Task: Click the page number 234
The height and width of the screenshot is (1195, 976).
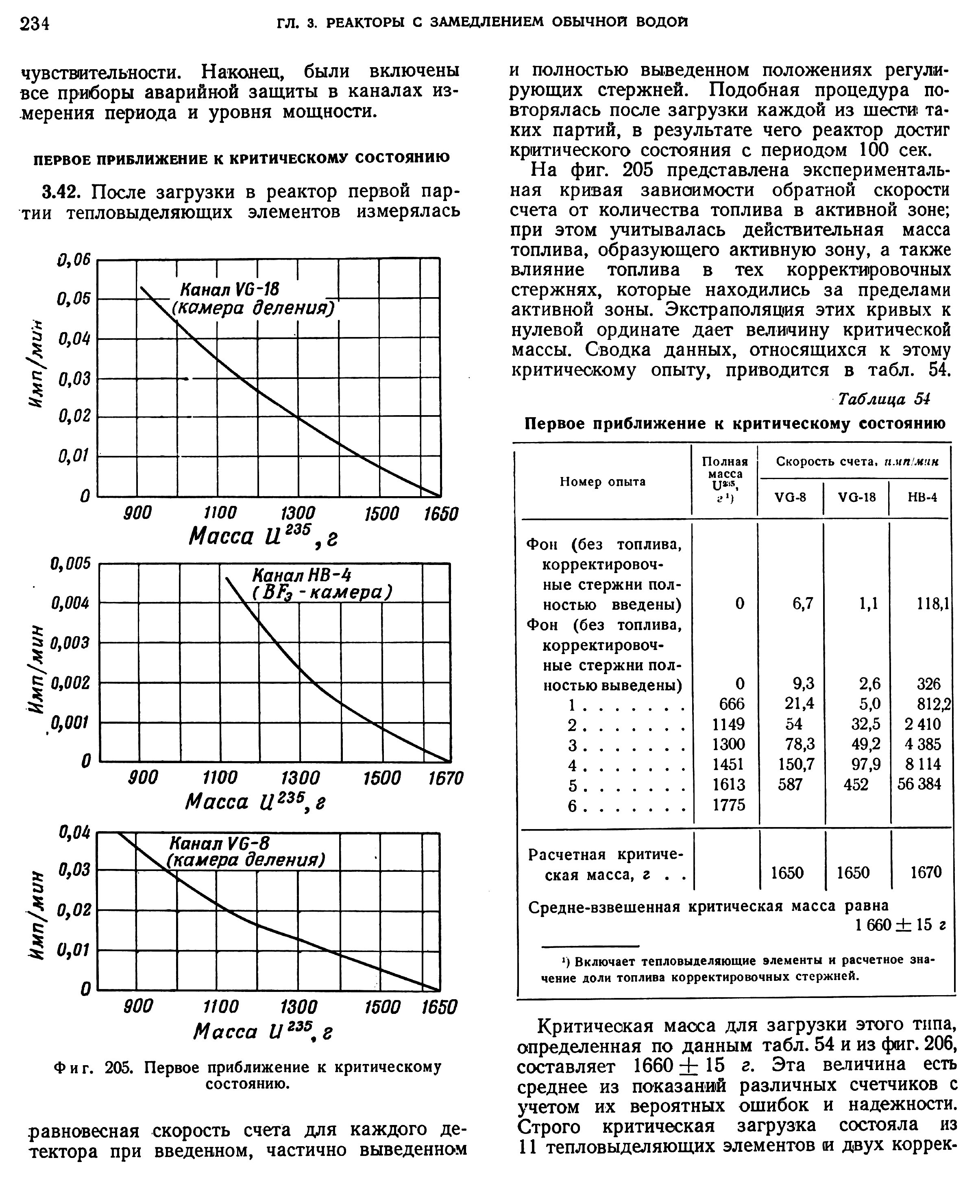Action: (35, 24)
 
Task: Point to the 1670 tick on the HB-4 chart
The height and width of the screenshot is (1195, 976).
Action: (445, 778)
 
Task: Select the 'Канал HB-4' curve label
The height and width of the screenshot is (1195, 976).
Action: (302, 575)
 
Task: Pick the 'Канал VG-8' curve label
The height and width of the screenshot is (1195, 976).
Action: (220, 843)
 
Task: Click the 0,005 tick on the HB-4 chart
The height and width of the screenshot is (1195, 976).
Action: (70, 563)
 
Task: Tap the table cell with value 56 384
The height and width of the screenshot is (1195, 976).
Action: (919, 784)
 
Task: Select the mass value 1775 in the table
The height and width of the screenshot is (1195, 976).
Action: (729, 805)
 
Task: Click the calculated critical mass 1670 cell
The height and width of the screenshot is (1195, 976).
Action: (926, 872)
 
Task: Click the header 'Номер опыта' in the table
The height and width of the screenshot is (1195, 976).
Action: (603, 482)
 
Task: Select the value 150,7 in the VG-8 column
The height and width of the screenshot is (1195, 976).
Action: (796, 764)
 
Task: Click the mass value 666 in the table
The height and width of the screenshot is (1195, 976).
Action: (732, 703)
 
